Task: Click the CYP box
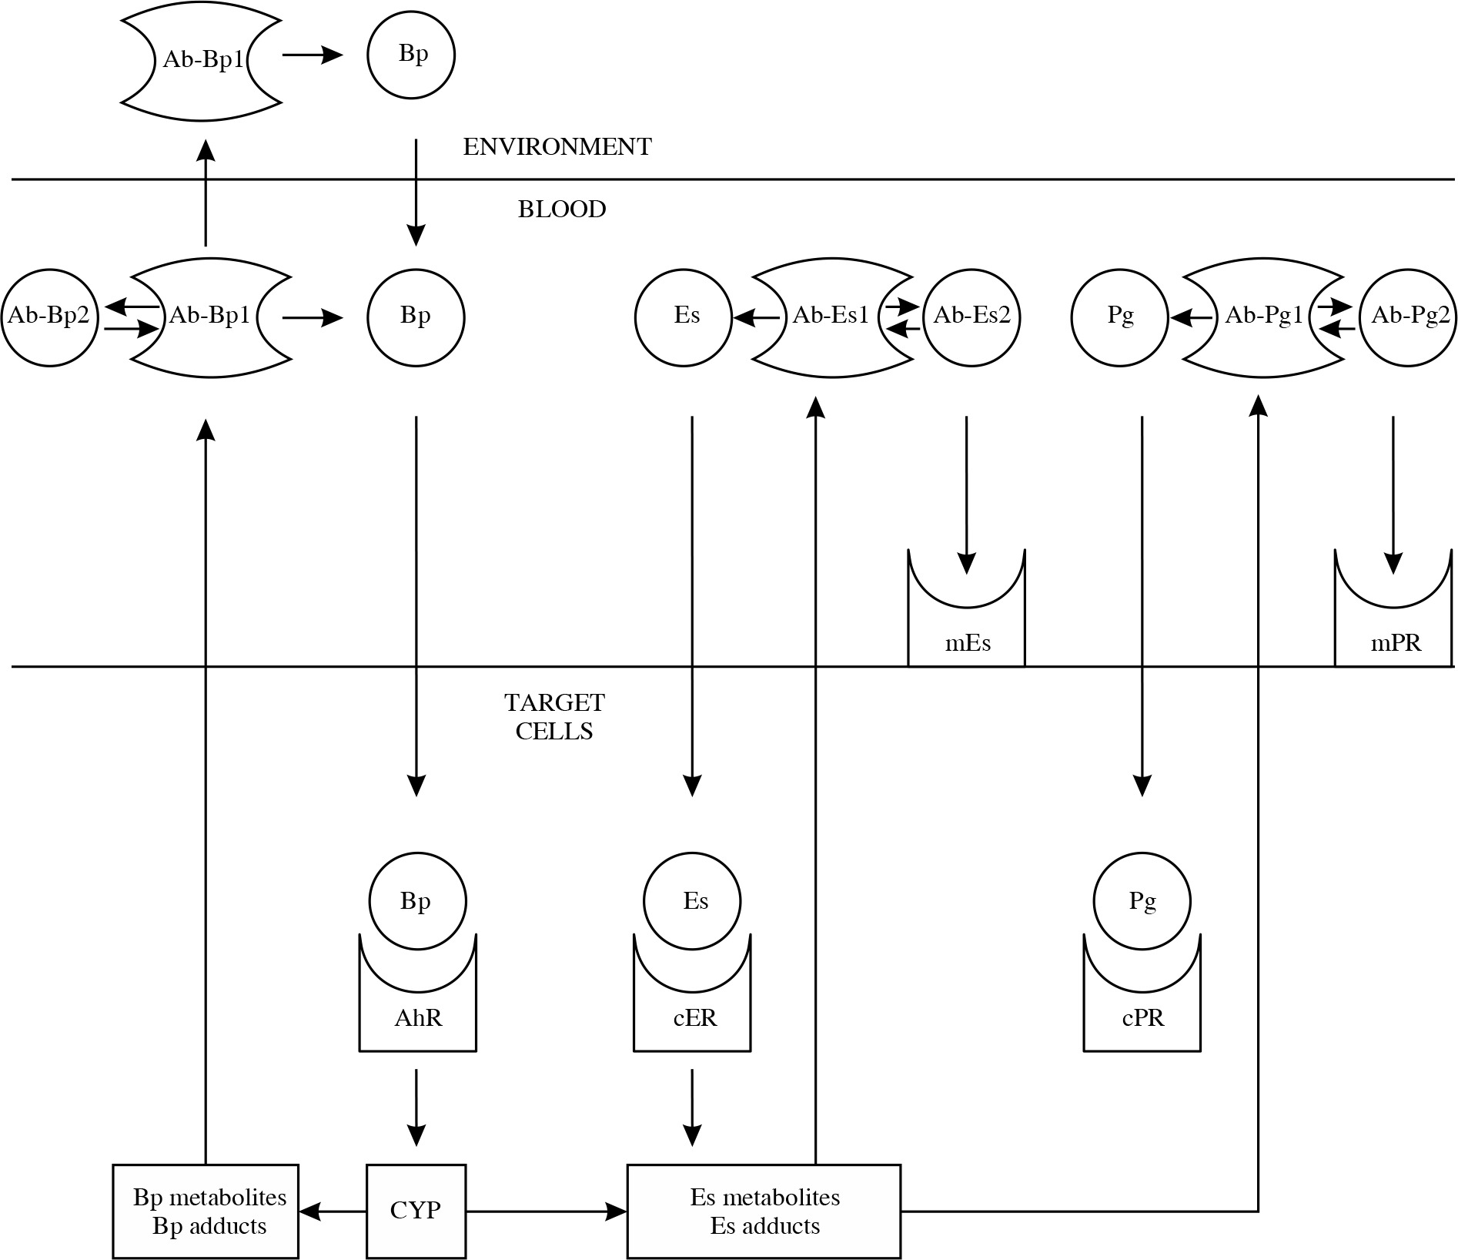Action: [416, 1211]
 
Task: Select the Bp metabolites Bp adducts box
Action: [206, 1211]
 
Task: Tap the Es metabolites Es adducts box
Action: [764, 1211]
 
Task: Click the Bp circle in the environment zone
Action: [411, 55]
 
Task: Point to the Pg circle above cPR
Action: [1142, 901]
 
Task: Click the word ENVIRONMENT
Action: [557, 147]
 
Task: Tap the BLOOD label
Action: [562, 209]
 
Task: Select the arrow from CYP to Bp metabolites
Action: [332, 1211]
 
